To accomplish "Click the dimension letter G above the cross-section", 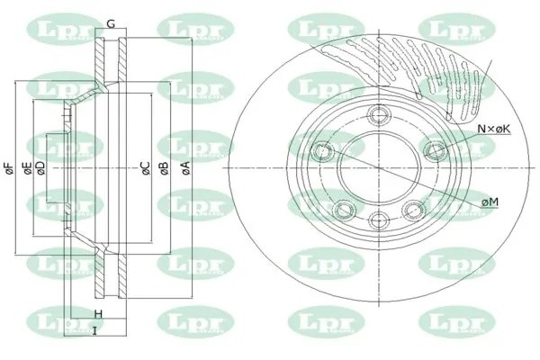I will [111, 22].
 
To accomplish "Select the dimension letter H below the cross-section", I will [98, 314].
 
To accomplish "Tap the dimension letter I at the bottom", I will [94, 331].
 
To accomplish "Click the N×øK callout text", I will [494, 129].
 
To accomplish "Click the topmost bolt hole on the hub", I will [376, 112].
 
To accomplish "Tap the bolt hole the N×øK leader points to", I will [436, 148].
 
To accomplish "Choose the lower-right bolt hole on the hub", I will [415, 210].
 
